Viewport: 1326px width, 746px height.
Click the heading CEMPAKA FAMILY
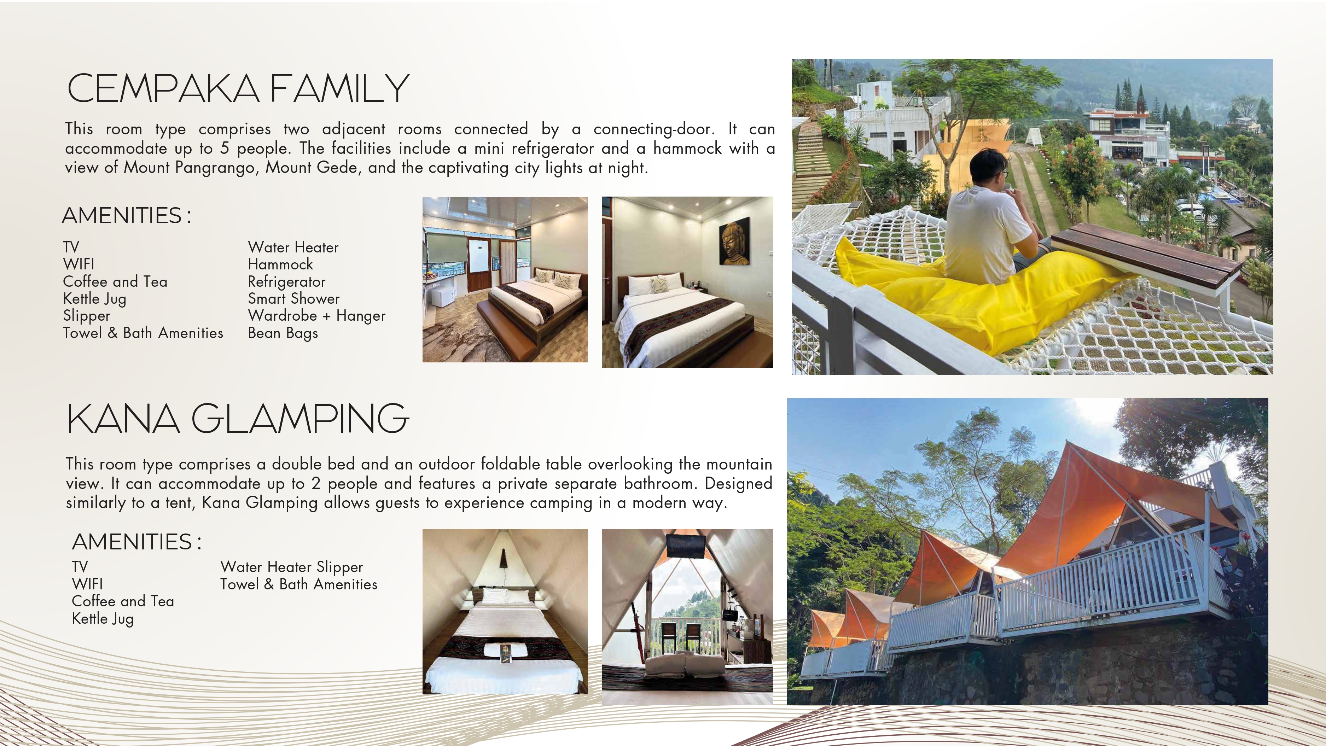pyautogui.click(x=238, y=88)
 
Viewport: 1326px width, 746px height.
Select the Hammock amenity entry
pyautogui.click(x=280, y=264)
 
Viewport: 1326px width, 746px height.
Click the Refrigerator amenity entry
pyautogui.click(x=287, y=282)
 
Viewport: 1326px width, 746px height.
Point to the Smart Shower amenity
pyautogui.click(x=293, y=299)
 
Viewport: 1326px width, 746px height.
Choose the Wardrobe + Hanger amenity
pyautogui.click(x=316, y=316)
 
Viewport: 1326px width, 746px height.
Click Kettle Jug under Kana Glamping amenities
pyautogui.click(x=103, y=618)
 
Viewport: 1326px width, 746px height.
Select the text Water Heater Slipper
pyautogui.click(x=291, y=567)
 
